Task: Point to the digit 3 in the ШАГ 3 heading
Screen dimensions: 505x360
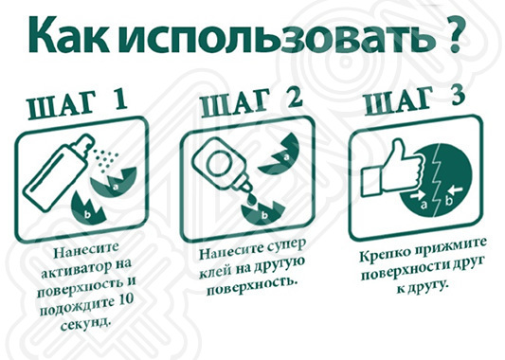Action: (x=454, y=94)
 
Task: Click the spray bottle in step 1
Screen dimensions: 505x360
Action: (x=58, y=174)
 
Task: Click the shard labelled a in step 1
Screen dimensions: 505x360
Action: (x=114, y=183)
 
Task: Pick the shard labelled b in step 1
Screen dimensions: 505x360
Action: (x=87, y=208)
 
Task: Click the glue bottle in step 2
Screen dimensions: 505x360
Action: (x=223, y=168)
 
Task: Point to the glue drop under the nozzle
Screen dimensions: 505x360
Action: (x=251, y=199)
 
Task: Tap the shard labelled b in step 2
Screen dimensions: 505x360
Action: (x=262, y=212)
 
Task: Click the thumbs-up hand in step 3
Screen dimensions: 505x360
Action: (x=391, y=168)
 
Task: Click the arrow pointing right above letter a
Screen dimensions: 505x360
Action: (x=419, y=195)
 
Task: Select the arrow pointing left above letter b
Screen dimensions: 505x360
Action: (x=456, y=189)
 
